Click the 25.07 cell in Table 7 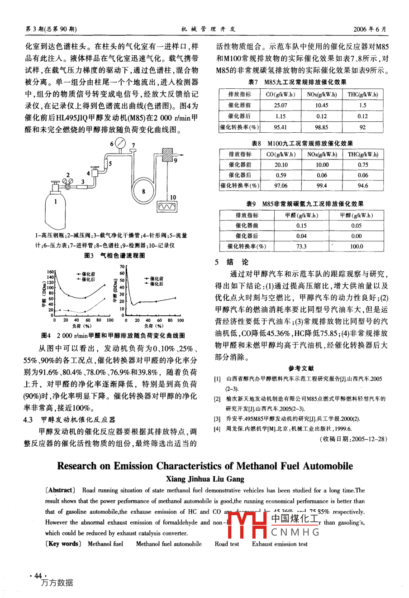pyautogui.click(x=281, y=105)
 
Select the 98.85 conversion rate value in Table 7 pyautogui.click(x=321, y=127)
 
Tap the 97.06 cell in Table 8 pyautogui.click(x=281, y=185)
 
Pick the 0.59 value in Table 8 pyautogui.click(x=281, y=175)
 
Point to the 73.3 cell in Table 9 pyautogui.click(x=301, y=246)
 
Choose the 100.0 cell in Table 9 pyautogui.click(x=357, y=246)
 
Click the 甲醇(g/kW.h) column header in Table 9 pyautogui.click(x=357, y=215)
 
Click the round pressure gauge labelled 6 pyautogui.click(x=120, y=144)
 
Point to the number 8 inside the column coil pyautogui.click(x=143, y=191)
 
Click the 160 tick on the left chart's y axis pyautogui.click(x=50, y=272)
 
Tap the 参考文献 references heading pyautogui.click(x=301, y=368)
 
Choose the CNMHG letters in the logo pyautogui.click(x=295, y=532)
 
